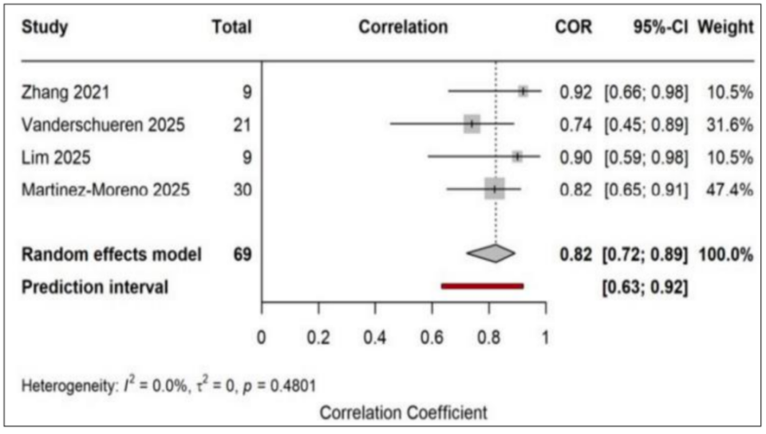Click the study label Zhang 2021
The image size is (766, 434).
coord(65,93)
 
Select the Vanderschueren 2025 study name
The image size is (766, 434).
coord(103,125)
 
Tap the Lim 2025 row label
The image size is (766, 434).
coord(56,158)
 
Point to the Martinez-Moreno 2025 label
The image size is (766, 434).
coord(105,190)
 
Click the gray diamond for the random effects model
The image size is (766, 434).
coord(491,254)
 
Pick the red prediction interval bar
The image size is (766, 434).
coord(483,286)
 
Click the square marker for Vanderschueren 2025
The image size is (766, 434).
coord(472,124)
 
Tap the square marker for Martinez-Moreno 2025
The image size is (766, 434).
coord(495,189)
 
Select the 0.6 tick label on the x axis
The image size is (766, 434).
coord(432,337)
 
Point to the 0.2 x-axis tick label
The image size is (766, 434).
coord(318,337)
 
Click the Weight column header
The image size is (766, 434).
coord(725,27)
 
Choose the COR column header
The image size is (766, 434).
coord(574,27)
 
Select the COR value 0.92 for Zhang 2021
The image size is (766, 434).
coord(575,93)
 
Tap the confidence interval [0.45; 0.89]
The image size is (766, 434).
coord(646,125)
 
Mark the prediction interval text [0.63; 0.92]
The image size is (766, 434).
coord(645,287)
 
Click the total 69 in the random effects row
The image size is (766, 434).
coord(243,254)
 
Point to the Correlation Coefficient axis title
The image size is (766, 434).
coord(404,413)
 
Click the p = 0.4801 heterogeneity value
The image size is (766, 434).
coord(279,387)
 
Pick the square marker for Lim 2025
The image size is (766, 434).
coord(517,156)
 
